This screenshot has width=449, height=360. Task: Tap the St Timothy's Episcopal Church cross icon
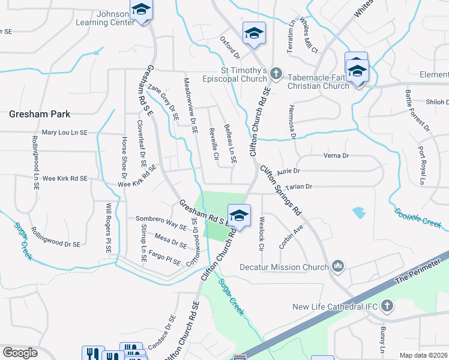(x=276, y=73)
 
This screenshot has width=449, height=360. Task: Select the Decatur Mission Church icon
(x=338, y=265)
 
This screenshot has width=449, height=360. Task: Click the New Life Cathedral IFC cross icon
(x=387, y=306)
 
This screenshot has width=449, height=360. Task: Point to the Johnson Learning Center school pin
(x=142, y=10)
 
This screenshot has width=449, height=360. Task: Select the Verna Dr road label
(x=336, y=155)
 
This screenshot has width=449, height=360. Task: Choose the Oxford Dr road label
(x=229, y=47)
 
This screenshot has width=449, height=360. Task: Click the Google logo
(x=20, y=353)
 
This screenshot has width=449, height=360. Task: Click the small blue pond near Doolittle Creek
(x=359, y=212)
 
